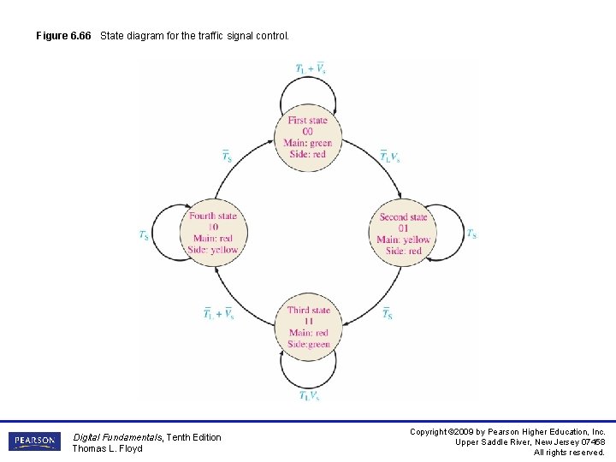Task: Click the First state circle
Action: pos(307,137)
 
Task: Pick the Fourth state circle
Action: pos(213,233)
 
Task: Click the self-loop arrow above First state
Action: pos(308,85)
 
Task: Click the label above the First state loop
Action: pos(310,68)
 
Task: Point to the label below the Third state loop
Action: pos(310,395)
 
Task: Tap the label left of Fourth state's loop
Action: pos(144,235)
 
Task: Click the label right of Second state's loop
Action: pos(471,234)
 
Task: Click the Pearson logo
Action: pos(34,441)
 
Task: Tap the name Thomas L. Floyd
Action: pos(107,448)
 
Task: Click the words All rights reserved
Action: pos(569,452)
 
